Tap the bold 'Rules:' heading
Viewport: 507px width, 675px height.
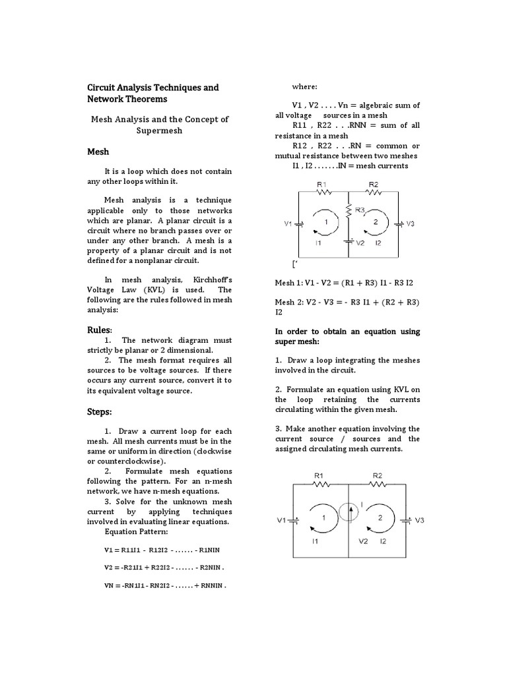[x=100, y=329]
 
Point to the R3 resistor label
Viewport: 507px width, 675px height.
[x=360, y=210]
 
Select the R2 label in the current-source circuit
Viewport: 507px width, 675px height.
[x=378, y=475]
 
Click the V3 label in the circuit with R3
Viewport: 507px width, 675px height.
[x=410, y=224]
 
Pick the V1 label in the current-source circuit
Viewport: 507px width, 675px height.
[x=281, y=520]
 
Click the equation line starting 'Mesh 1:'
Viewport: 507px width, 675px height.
[x=344, y=282]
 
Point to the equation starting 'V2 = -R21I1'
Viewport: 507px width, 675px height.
[x=164, y=566]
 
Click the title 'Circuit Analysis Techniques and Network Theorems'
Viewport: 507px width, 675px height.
[x=153, y=93]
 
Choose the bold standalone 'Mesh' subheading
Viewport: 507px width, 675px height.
[x=98, y=152]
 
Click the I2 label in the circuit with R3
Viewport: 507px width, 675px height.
[x=378, y=243]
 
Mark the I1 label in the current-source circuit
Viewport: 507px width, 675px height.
[x=316, y=541]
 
